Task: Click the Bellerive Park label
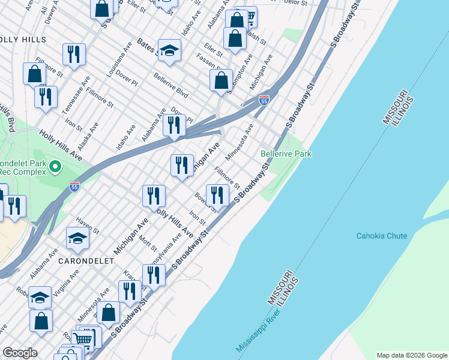pyautogui.click(x=286, y=154)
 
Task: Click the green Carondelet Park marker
pyautogui.click(x=55, y=166)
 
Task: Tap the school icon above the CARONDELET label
pyautogui.click(x=77, y=239)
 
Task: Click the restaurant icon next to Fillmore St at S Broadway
pyautogui.click(x=217, y=194)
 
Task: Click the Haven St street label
pyautogui.click(x=88, y=227)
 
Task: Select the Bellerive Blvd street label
pyautogui.click(x=171, y=86)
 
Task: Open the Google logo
pyautogui.click(x=20, y=353)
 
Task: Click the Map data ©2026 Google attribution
pyautogui.click(x=411, y=355)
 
